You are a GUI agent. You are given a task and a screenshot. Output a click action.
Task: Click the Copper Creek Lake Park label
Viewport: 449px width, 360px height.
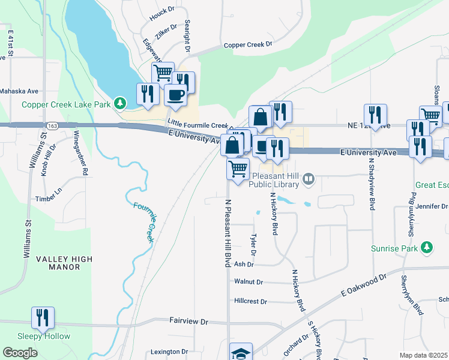pos(66,104)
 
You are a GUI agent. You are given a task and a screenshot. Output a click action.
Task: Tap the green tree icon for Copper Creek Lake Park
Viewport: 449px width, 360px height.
pos(121,104)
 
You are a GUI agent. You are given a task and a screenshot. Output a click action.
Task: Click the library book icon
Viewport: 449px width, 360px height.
pos(309,178)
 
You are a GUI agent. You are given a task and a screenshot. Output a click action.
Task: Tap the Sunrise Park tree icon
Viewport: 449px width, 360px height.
pos(427,247)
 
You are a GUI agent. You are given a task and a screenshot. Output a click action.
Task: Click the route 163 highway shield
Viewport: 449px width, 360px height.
pos(52,125)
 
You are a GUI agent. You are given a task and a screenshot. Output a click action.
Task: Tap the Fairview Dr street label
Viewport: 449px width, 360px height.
pos(188,322)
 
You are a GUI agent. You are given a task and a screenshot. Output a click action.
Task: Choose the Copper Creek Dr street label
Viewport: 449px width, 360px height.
pos(248,44)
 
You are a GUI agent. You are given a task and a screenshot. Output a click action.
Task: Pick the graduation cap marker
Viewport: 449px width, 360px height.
pos(241,353)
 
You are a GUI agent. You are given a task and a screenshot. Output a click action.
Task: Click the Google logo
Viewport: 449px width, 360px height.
pos(20,353)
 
